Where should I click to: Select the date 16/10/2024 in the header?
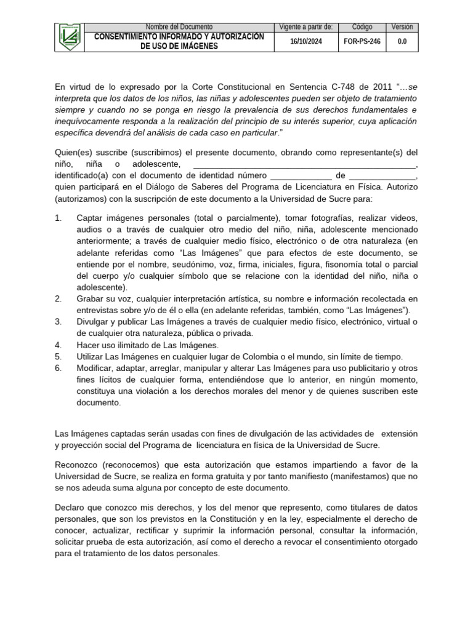306,41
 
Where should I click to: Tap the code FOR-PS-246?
362,41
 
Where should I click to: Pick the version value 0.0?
402,41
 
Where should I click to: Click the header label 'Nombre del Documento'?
179,27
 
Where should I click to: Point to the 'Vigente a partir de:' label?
306,27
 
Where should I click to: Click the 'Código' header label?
362,27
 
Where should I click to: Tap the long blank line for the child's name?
305,165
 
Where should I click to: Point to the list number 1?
59,218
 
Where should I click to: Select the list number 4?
59,345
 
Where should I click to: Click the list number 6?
59,368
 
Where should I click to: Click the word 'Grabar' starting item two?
90,299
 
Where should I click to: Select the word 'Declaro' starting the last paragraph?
71,508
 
